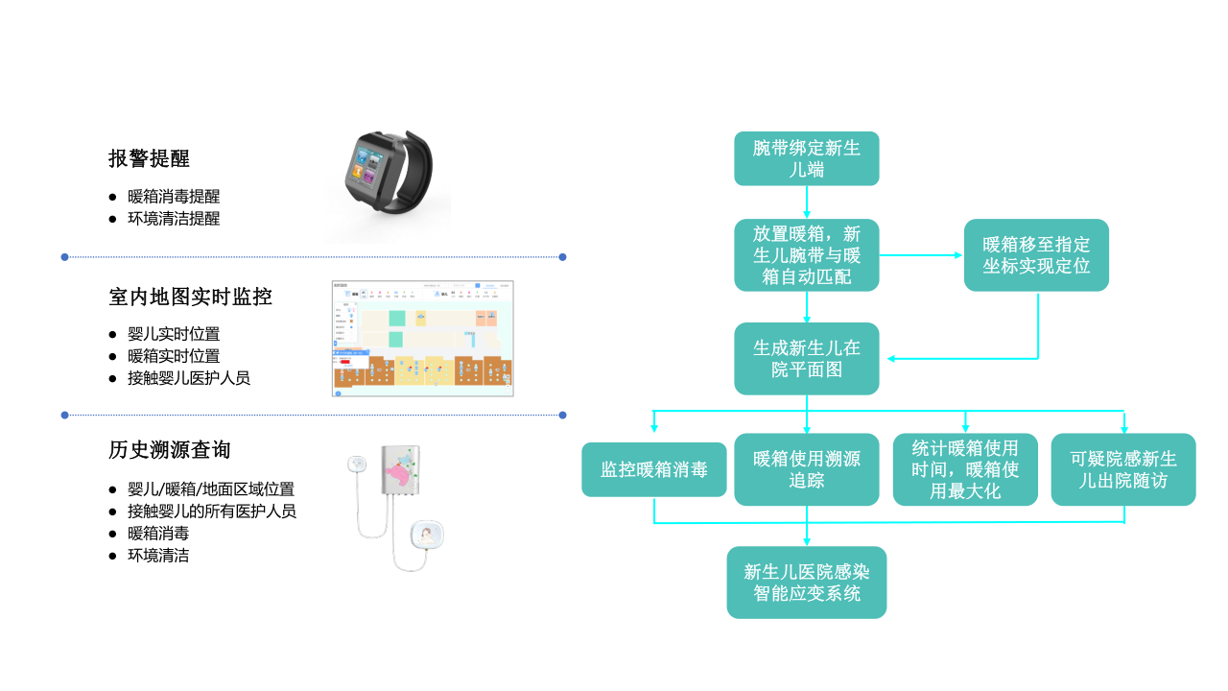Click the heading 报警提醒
pos(149,158)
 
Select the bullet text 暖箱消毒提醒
pos(174,197)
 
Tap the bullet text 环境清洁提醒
pos(174,219)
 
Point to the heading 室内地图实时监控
pos(191,297)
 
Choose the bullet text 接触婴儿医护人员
pos(189,378)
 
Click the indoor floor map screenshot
pos(422,339)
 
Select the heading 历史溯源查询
pos(170,450)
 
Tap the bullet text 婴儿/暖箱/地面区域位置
pos(211,489)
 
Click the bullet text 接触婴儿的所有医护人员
pos(212,512)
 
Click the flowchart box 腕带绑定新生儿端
pos(806,158)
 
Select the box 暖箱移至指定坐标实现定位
pos(1036,255)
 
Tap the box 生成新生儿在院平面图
pos(806,358)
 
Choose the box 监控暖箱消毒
pos(653,469)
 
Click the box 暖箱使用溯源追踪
pos(806,469)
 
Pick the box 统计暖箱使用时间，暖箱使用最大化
pos(965,469)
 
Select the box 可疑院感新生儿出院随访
pos(1123,469)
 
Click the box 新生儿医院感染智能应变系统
pos(806,583)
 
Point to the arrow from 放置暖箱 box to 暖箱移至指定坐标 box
pos(921,255)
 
